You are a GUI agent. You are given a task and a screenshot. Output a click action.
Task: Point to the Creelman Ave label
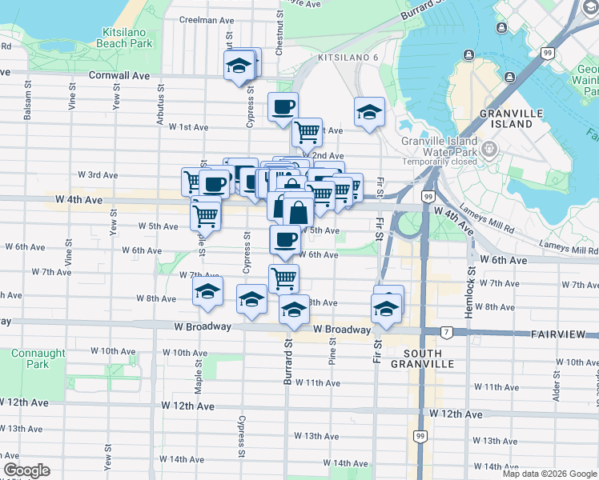pos(207,20)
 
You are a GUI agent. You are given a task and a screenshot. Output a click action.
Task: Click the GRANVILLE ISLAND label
pos(506,118)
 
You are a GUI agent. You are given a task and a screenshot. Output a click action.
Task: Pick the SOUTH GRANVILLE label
pos(429,358)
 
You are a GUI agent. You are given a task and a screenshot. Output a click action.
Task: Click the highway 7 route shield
pos(445,331)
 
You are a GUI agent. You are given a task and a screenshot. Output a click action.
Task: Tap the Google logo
pos(27,470)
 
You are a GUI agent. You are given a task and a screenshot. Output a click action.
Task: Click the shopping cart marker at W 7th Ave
pos(284,278)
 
